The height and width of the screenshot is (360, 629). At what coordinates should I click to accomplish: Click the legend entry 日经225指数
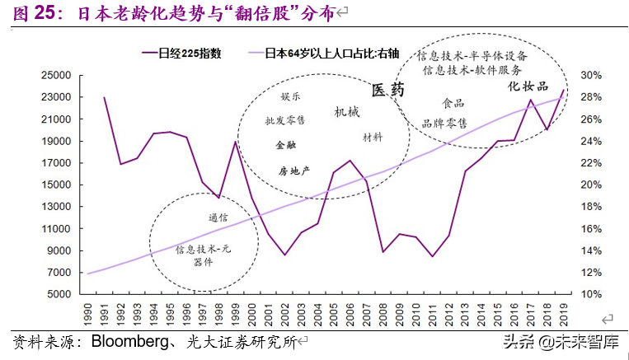pos(192,54)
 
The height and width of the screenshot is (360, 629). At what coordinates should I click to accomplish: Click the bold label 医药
pos(387,91)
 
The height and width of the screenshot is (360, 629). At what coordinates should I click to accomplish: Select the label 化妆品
pos(526,86)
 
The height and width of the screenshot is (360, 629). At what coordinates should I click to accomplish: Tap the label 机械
pos(347,111)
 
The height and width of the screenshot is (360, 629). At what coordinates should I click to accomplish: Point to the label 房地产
pos(293,171)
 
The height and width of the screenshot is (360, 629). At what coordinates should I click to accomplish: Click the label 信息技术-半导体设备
pos(471,55)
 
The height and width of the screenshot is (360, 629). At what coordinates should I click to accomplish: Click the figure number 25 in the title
pos(45,12)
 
